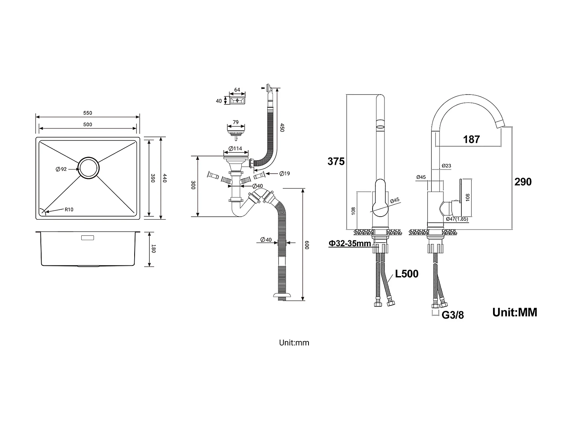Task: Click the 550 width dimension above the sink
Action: click(x=88, y=113)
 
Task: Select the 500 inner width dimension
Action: click(x=88, y=124)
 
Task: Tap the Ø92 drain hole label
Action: click(x=61, y=169)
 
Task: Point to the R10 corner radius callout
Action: click(x=69, y=209)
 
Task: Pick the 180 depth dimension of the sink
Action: click(x=154, y=249)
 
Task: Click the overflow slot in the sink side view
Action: click(x=88, y=238)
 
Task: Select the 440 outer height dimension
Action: click(x=165, y=178)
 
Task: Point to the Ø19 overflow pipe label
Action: click(x=284, y=174)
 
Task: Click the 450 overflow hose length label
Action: click(x=282, y=127)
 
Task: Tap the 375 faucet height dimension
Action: click(x=336, y=161)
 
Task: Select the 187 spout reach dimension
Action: click(x=471, y=139)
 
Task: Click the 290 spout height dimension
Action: click(x=523, y=182)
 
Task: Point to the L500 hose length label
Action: click(x=407, y=274)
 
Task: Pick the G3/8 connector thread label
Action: click(x=453, y=315)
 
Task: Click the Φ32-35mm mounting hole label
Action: click(x=350, y=243)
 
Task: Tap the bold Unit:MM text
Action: click(x=514, y=312)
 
